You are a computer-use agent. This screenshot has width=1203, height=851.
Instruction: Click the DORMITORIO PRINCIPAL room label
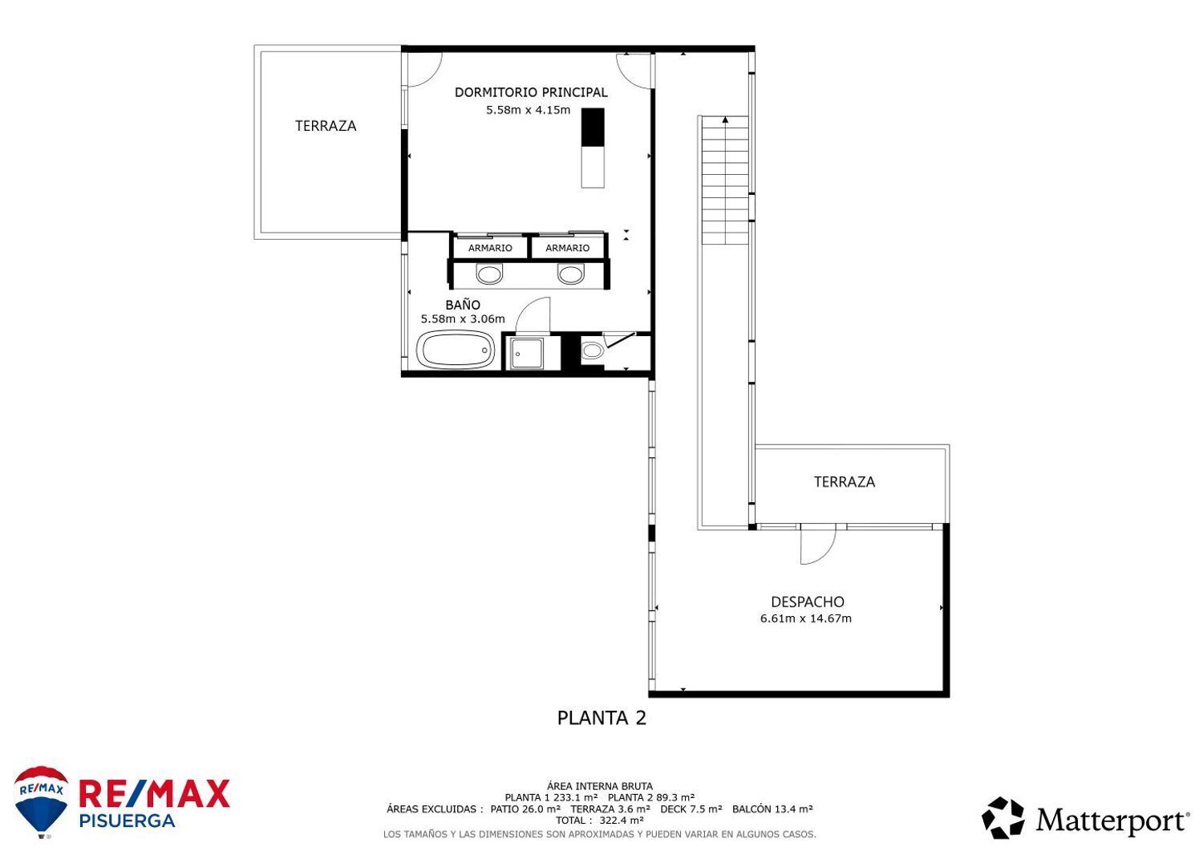tap(531, 92)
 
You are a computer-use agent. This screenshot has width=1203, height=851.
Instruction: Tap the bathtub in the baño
tap(456, 350)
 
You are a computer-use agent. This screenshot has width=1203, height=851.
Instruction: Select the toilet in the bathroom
tap(593, 351)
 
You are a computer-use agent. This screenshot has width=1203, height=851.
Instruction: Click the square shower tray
tap(526, 353)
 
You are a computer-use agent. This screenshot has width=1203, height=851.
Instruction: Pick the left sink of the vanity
tap(489, 274)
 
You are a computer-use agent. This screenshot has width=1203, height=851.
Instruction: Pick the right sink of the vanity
tap(571, 274)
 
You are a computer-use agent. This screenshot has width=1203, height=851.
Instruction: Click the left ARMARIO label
tap(490, 249)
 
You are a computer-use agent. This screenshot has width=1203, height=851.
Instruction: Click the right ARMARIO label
tap(567, 249)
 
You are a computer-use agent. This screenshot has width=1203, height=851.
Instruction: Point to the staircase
tap(725, 180)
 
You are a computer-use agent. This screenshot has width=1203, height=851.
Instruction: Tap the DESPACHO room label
tap(807, 602)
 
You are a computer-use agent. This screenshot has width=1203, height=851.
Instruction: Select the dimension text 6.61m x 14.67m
tap(805, 618)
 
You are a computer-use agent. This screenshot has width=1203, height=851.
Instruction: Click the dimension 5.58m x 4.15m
tap(528, 110)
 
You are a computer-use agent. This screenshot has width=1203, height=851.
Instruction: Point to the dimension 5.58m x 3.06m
tap(463, 319)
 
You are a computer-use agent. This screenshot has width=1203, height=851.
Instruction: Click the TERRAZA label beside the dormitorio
tap(326, 126)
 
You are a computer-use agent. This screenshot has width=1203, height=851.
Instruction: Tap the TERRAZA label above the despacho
tap(844, 481)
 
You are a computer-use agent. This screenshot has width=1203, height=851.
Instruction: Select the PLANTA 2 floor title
tap(601, 718)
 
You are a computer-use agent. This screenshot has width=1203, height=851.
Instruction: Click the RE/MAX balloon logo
tap(42, 800)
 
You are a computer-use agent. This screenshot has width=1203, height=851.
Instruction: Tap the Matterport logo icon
tap(1003, 818)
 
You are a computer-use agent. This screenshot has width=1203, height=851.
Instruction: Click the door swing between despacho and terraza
tap(818, 544)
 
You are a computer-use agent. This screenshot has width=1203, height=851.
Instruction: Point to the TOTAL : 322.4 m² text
tap(600, 821)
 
